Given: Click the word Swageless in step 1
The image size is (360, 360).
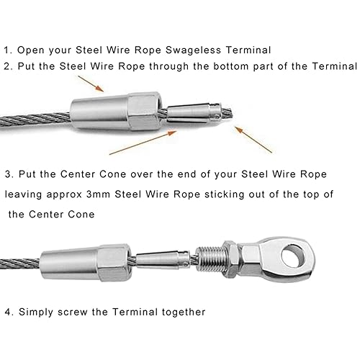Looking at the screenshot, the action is [193, 50].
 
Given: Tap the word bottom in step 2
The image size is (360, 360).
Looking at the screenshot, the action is [230, 66].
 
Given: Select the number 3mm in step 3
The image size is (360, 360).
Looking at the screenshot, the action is [98, 194].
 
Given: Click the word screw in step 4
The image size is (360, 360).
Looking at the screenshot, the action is [73, 312].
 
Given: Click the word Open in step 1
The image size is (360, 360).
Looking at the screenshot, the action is [31, 50].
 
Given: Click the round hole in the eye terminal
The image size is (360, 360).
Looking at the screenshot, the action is [293, 256].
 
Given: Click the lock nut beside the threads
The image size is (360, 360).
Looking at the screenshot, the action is [230, 259].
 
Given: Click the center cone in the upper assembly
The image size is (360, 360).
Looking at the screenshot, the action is [194, 112].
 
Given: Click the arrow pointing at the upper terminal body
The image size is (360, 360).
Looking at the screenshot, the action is [91, 84].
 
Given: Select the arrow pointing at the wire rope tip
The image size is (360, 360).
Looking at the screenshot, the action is [253, 140].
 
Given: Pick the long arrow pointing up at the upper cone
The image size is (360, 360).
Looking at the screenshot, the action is [143, 143].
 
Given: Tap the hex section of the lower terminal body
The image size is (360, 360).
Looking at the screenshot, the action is [114, 263].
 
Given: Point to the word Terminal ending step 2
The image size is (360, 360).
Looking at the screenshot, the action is [334, 66].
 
